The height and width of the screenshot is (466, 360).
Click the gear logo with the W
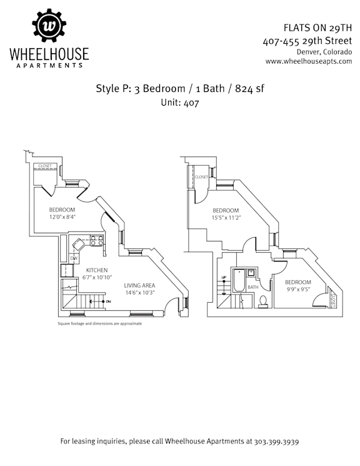49,26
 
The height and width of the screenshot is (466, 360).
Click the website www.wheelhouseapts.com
309,61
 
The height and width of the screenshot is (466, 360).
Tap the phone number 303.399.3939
276,442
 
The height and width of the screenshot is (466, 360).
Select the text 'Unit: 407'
180,103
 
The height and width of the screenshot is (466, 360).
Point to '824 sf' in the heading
249,89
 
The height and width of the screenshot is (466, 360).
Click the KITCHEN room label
97,270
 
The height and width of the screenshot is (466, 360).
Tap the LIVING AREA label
139,285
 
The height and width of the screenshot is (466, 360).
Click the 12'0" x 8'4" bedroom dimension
62,217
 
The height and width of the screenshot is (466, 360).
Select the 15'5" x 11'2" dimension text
226,218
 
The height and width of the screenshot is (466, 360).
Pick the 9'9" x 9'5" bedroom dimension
298,289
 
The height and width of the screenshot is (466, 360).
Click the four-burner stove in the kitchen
97,240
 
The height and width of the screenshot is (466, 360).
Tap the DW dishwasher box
74,258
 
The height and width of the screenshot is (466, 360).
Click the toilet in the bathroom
263,301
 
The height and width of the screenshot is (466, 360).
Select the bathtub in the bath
239,281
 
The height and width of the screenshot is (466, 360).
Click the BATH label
253,287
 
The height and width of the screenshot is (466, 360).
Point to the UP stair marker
224,278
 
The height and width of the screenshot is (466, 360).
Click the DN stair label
108,301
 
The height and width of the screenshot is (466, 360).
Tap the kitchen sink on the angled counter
79,245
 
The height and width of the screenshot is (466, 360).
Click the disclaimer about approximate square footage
100,323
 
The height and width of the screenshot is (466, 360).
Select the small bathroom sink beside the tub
251,272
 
